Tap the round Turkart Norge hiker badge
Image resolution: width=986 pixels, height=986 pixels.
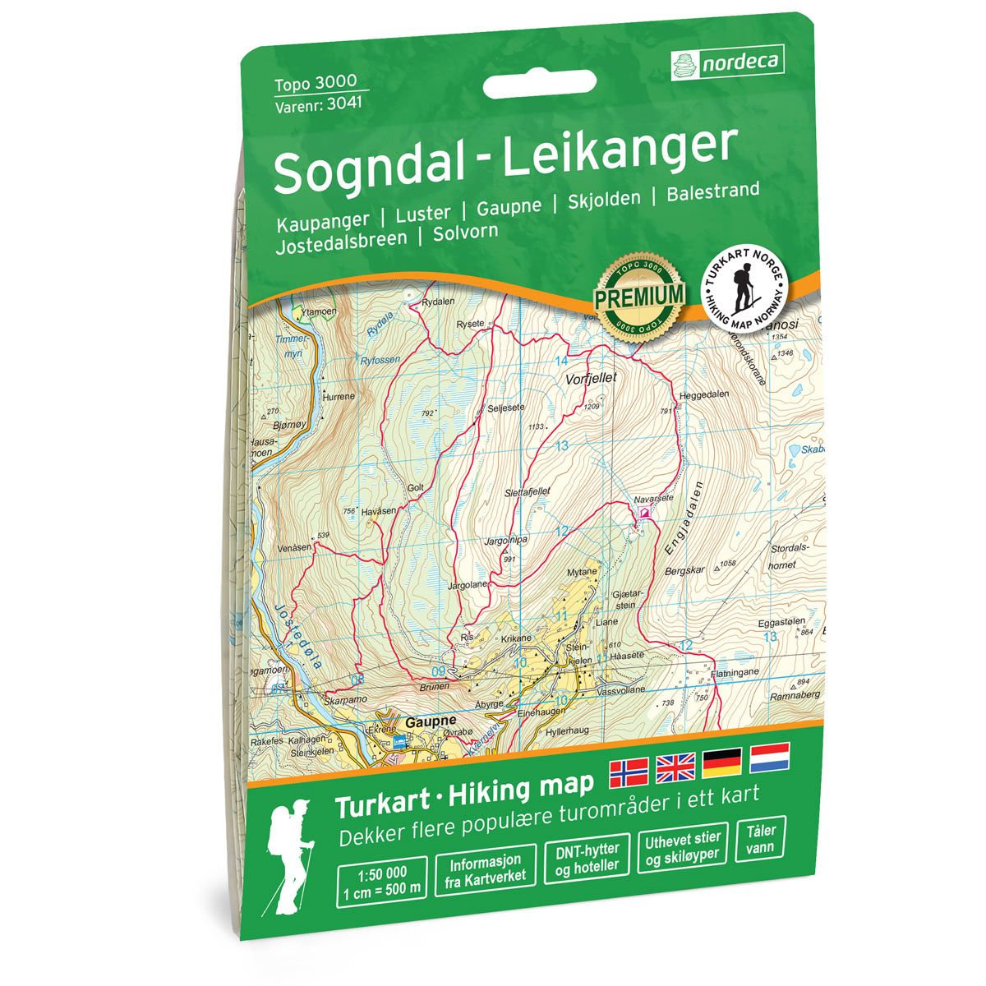(745, 288)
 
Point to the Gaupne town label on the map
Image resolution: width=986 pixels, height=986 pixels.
(431, 721)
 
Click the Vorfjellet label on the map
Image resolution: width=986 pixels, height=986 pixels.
(591, 379)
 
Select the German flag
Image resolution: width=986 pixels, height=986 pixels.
(722, 763)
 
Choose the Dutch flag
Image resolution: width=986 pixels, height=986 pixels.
(769, 757)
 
